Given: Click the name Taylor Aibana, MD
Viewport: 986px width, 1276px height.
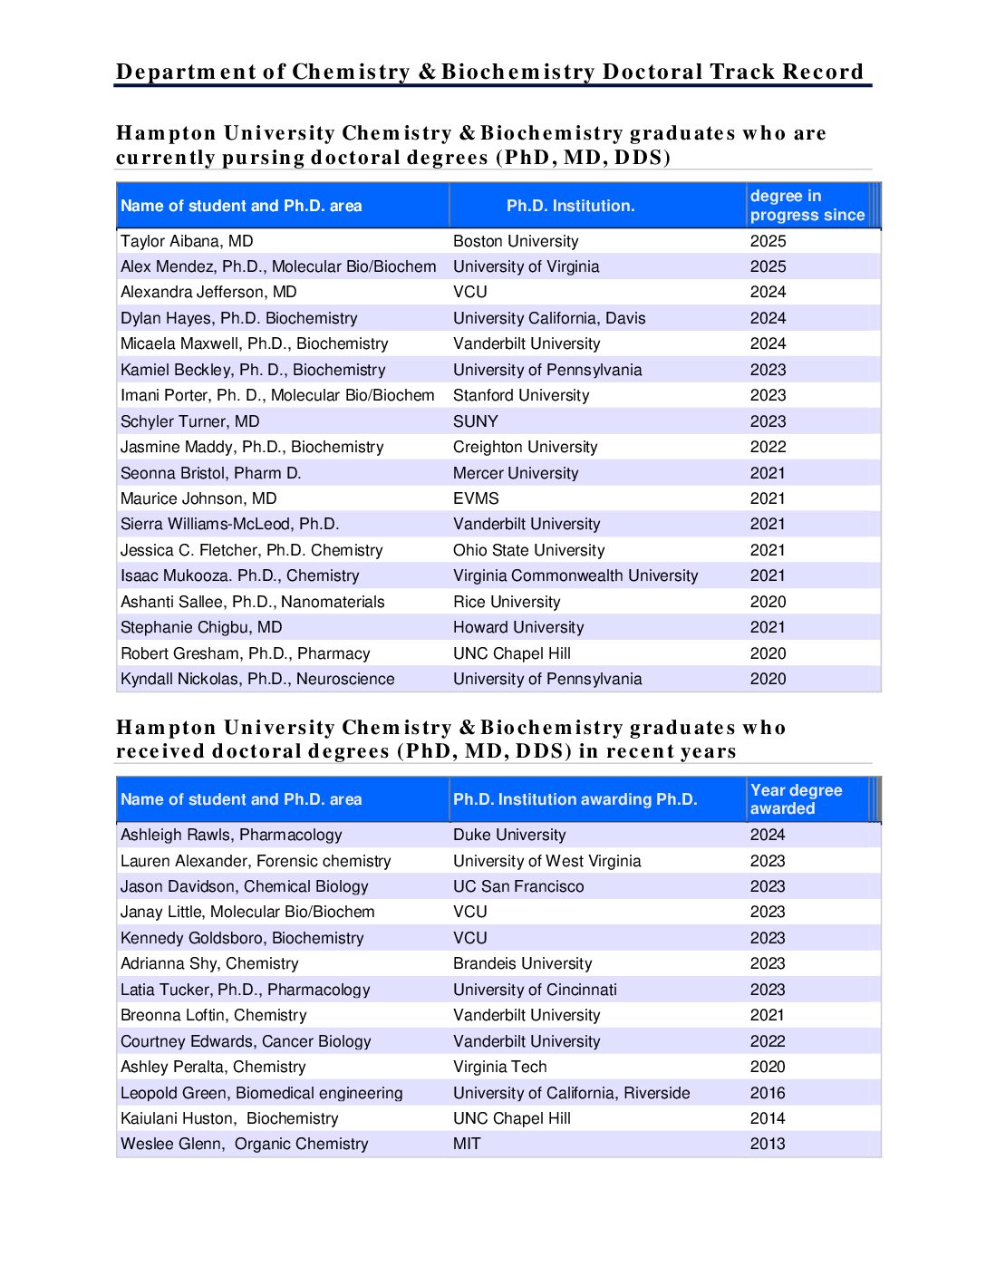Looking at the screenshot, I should tap(187, 241).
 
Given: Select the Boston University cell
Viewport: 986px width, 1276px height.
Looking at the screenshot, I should tap(516, 241).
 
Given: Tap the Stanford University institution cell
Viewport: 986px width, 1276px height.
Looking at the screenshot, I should tap(521, 395).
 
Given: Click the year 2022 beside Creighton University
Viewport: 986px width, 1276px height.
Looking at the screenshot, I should tap(768, 447).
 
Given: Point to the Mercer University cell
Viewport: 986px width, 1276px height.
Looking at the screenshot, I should tap(516, 473).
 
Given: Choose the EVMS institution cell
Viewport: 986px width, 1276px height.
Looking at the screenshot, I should tap(476, 498).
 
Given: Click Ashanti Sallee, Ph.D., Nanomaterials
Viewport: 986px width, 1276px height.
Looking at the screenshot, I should tap(253, 602).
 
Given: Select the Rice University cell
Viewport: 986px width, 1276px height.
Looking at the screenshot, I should tap(507, 602).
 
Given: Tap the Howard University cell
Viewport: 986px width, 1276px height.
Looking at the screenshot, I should tap(518, 627).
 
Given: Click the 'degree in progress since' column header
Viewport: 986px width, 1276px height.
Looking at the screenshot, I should tap(807, 206).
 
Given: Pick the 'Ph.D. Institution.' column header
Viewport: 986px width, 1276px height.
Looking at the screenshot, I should tap(570, 206).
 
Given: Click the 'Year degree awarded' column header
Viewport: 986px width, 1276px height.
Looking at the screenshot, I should tap(796, 799).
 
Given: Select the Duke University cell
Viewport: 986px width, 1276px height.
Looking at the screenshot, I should tap(509, 835).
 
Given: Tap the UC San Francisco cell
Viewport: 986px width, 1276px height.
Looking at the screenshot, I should tap(518, 886).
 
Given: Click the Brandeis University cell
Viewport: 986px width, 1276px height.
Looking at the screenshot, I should tap(522, 963).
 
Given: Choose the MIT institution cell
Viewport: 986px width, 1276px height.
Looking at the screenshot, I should tap(467, 1144).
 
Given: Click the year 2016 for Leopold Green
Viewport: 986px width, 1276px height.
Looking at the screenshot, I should tap(768, 1093).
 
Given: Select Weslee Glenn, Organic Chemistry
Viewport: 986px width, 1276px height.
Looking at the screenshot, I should tap(245, 1144).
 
